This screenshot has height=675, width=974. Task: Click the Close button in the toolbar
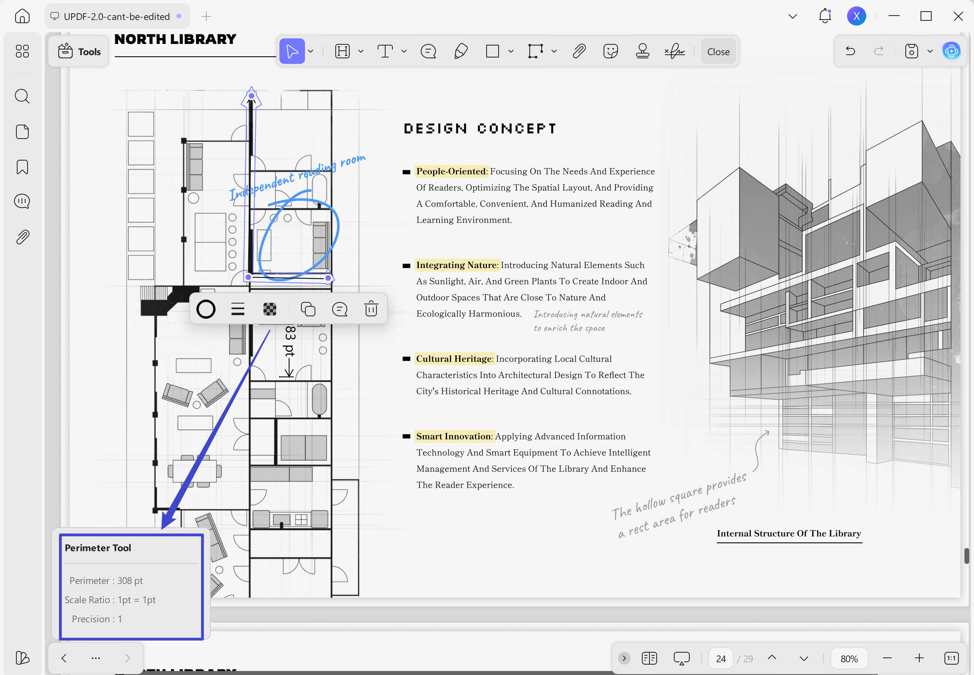[718, 52]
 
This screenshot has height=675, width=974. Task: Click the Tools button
[79, 52]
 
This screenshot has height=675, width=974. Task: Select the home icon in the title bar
[22, 16]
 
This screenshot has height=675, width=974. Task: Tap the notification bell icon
[824, 16]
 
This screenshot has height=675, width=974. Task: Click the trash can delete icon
[370, 309]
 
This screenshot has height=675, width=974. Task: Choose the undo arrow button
[850, 51]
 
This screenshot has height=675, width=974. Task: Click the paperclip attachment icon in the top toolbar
[579, 51]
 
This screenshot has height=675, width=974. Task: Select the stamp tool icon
[642, 51]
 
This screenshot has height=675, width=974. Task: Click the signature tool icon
[674, 51]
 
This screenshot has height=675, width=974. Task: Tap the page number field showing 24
[721, 659]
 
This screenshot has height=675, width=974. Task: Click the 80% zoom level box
[849, 659]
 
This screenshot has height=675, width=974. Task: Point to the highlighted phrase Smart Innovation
[453, 436]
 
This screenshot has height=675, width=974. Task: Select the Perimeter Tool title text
[98, 548]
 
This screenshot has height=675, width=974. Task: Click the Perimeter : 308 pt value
[106, 581]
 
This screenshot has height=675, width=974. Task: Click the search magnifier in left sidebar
[22, 96]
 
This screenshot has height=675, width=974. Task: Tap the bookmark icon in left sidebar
[22, 167]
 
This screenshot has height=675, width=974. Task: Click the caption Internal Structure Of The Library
[788, 533]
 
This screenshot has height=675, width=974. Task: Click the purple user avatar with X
[856, 16]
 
